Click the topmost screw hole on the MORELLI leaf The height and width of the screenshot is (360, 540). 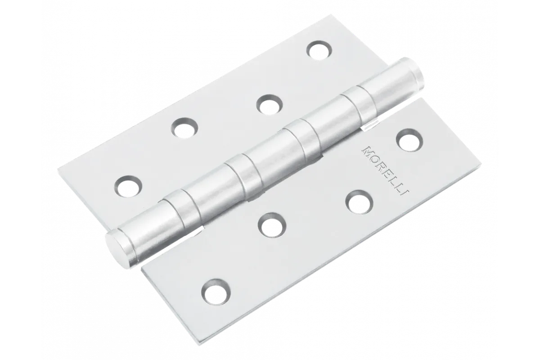coord(409,140)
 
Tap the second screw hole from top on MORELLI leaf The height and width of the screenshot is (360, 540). coord(359,202)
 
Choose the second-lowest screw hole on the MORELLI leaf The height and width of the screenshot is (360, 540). coord(272,225)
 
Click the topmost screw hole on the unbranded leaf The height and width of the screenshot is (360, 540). coord(319,51)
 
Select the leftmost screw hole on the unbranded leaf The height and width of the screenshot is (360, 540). coord(128,186)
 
